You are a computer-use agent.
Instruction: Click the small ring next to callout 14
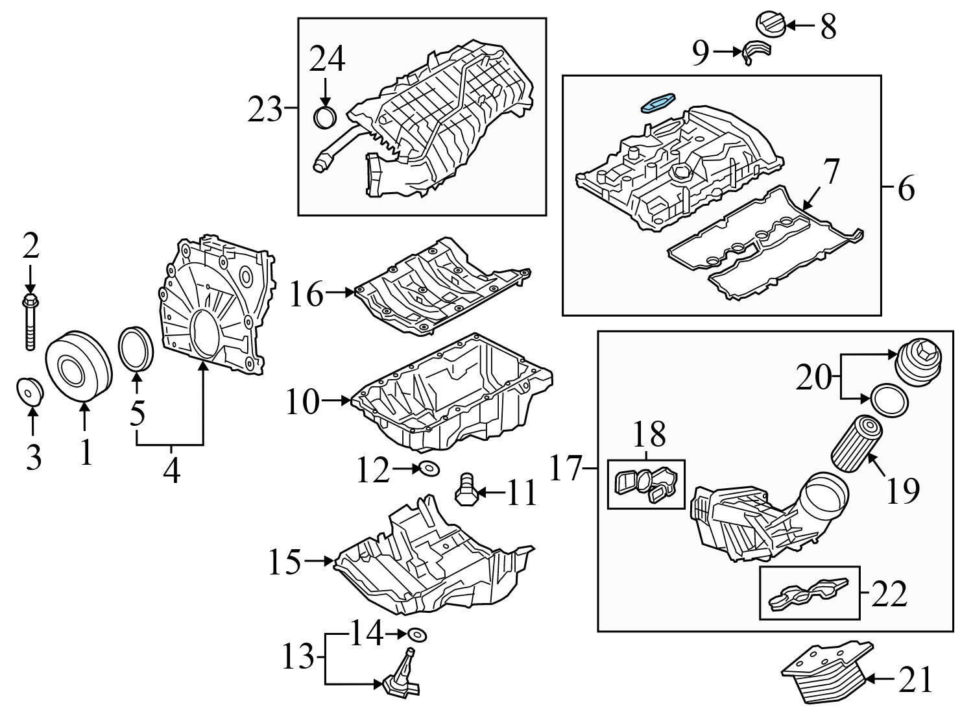[x=416, y=634]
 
